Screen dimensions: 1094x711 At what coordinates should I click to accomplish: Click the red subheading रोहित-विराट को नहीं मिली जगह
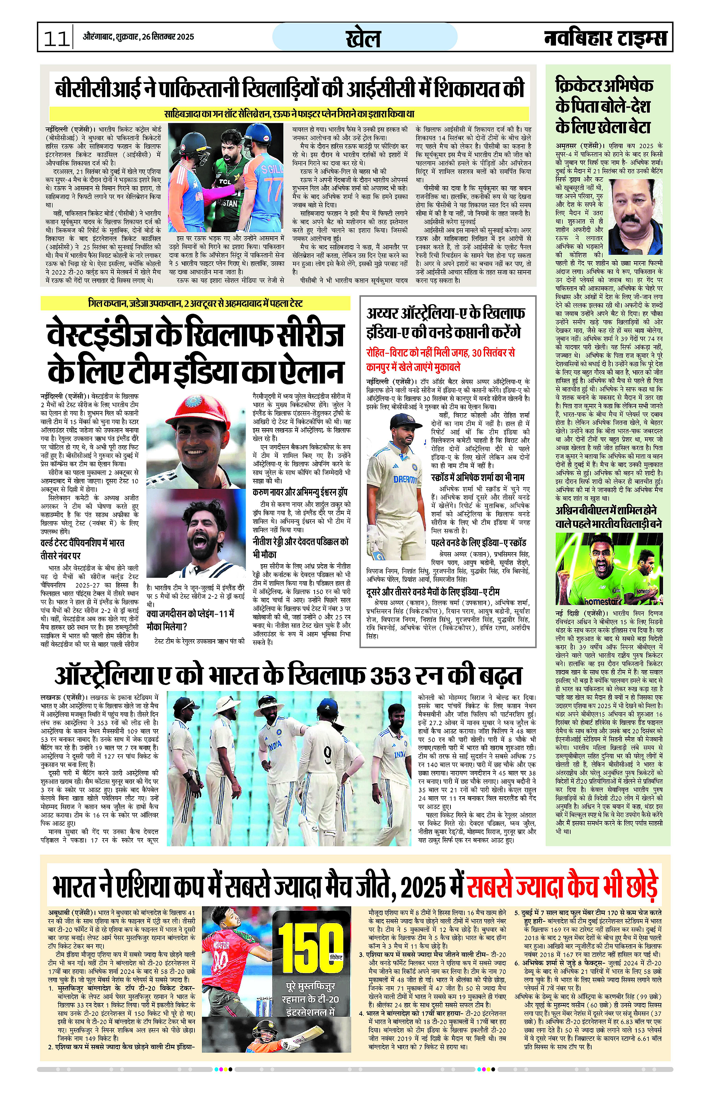point(440,360)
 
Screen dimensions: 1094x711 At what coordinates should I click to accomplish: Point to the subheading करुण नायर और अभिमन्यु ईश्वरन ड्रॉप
point(300,492)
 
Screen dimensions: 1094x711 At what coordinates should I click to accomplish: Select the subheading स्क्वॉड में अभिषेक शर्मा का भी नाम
point(477,478)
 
